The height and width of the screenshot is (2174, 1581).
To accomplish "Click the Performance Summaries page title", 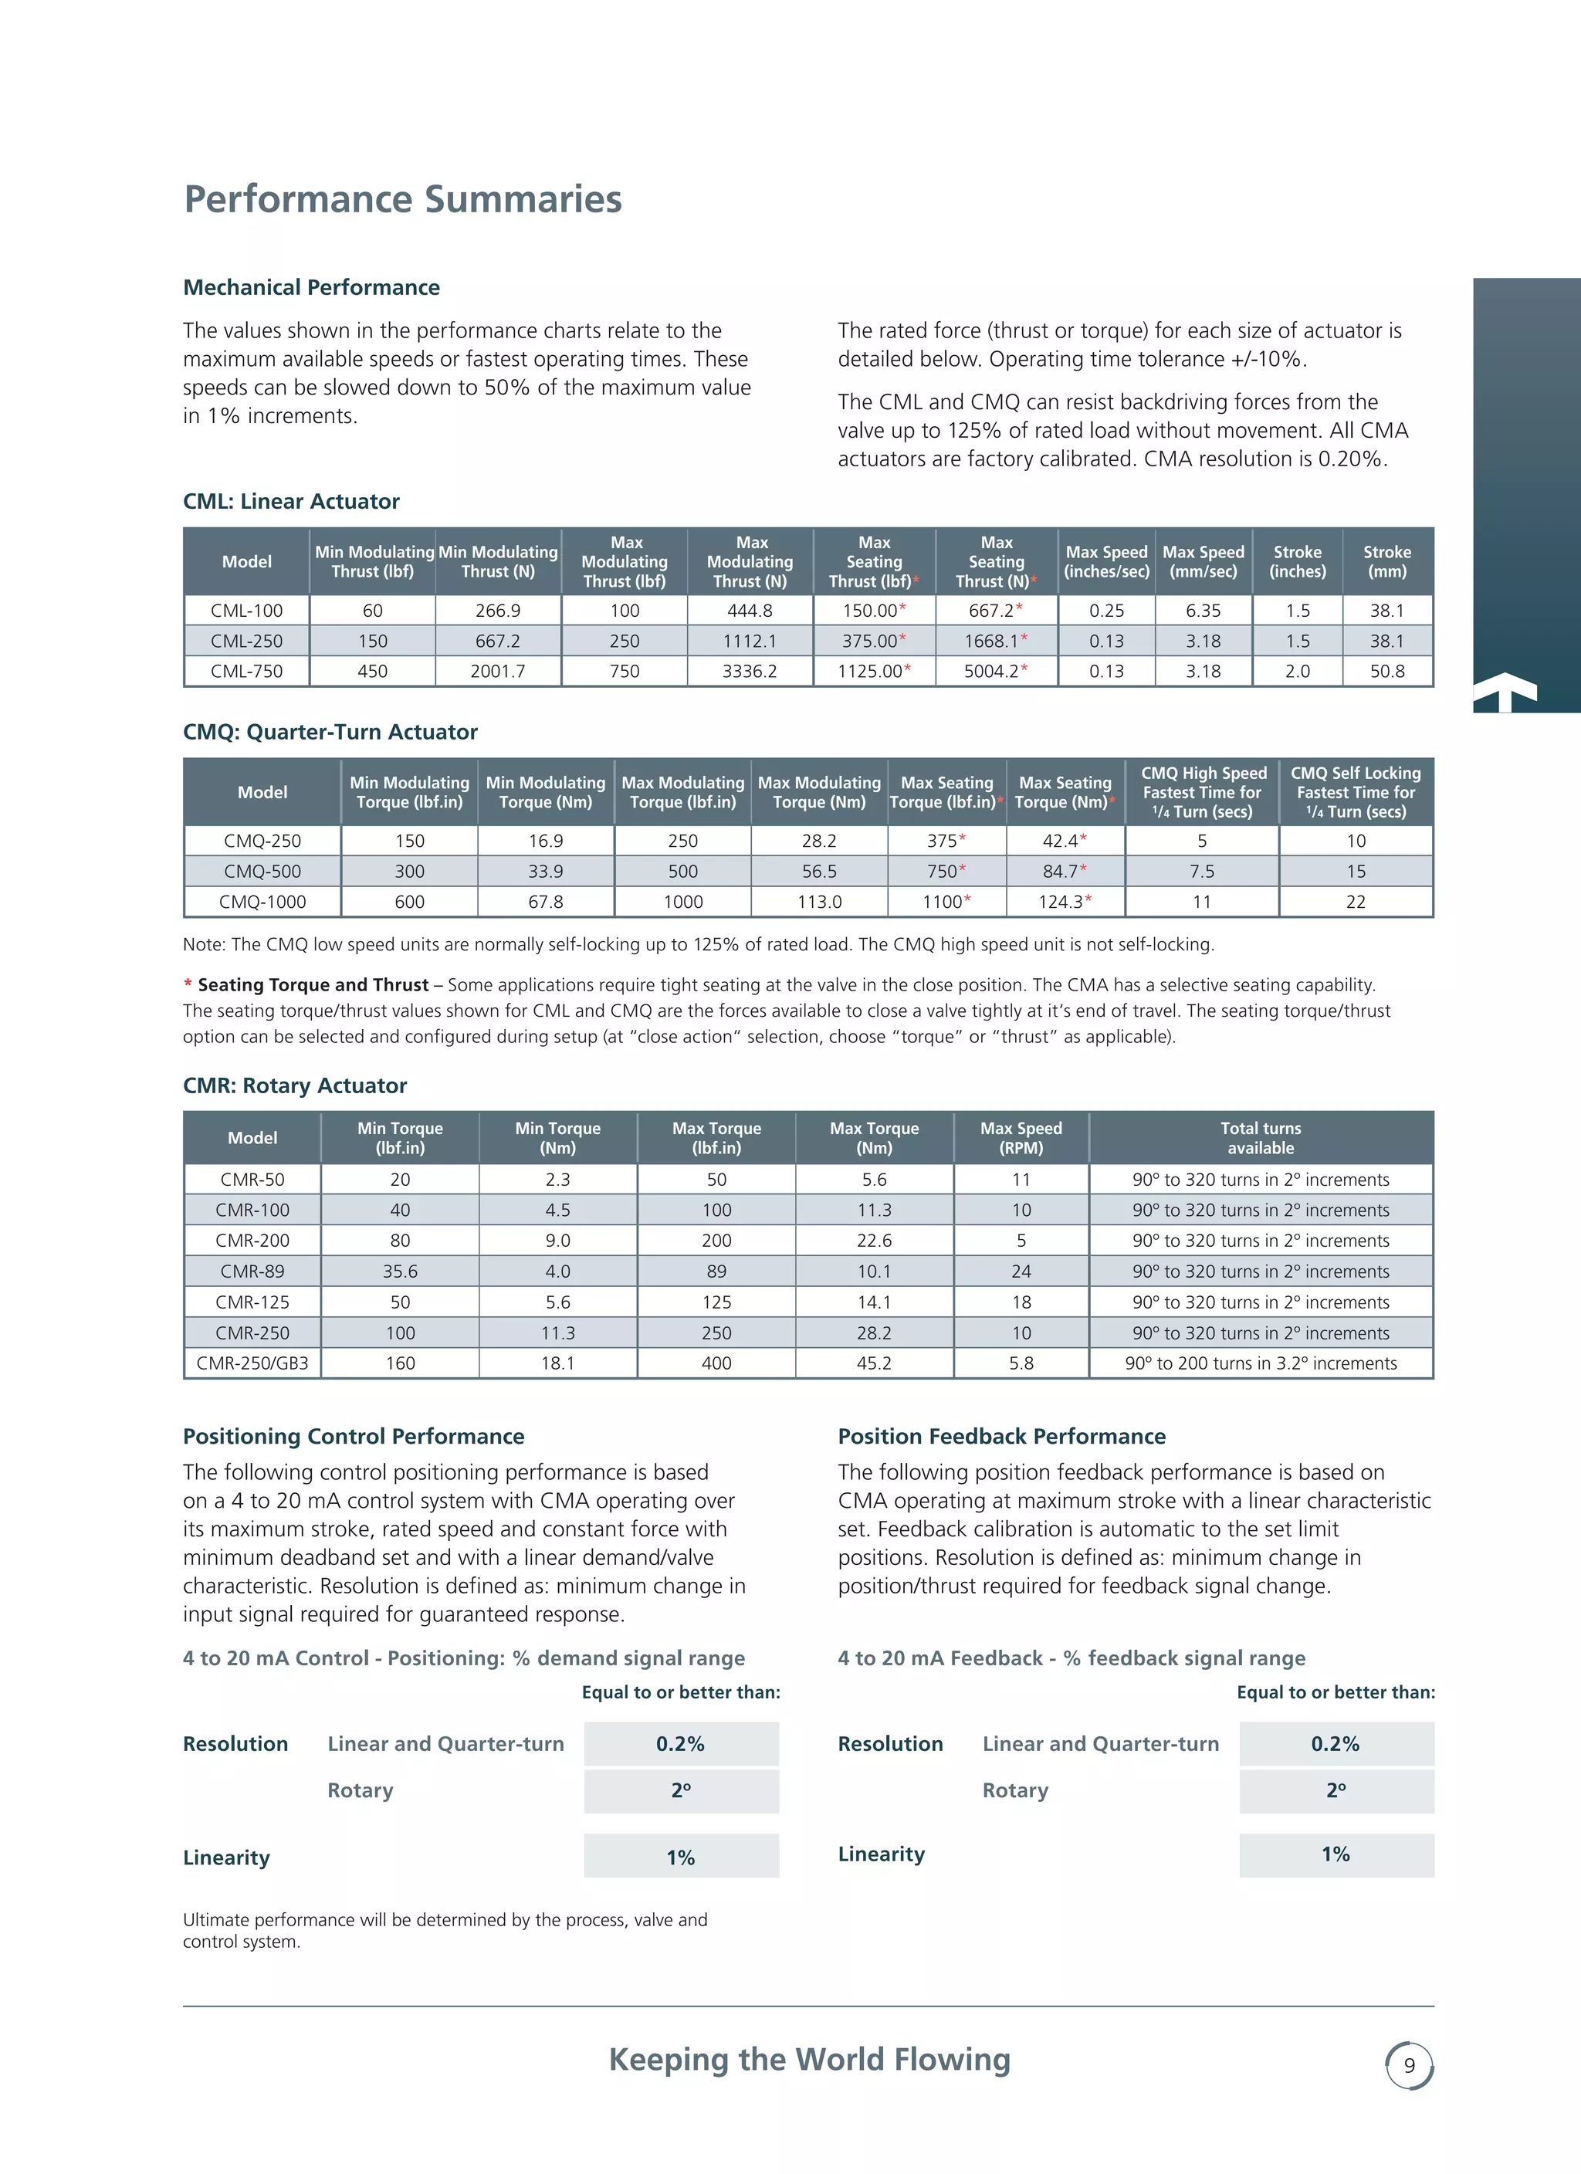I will click(x=403, y=199).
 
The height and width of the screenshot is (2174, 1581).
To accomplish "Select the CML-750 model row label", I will click(x=246, y=671).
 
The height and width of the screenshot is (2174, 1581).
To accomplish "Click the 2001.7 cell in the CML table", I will click(x=498, y=671).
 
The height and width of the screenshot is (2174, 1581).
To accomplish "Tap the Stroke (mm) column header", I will click(x=1386, y=562).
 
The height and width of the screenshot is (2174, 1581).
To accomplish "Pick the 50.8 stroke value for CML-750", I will click(x=1386, y=671).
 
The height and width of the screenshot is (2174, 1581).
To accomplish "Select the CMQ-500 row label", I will click(x=262, y=872).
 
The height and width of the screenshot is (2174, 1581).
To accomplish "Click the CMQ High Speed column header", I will click(x=1202, y=792).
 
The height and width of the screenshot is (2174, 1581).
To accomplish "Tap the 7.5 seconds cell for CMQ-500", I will click(x=1201, y=872).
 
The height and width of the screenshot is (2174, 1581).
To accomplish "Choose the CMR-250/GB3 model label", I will click(x=252, y=1363).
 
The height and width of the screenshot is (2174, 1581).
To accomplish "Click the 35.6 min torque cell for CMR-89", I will click(x=400, y=1271).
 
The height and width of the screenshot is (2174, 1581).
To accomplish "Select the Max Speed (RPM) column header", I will click(x=1021, y=1138).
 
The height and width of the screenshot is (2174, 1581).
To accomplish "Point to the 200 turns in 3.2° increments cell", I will click(x=1260, y=1363).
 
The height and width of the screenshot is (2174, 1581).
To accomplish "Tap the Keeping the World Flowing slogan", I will click(x=809, y=2059).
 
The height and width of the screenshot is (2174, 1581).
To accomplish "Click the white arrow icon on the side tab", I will click(x=1505, y=690).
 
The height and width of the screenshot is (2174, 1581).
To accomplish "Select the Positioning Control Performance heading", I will click(x=354, y=1436).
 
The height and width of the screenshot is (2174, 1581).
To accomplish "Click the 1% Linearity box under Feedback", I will click(x=1336, y=1854).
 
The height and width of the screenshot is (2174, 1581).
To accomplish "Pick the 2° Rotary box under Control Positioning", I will click(x=681, y=1790).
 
